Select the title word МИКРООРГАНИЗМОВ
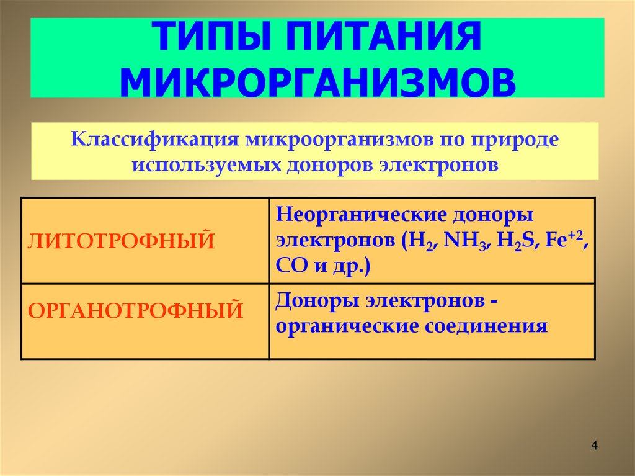[x=317, y=81]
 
